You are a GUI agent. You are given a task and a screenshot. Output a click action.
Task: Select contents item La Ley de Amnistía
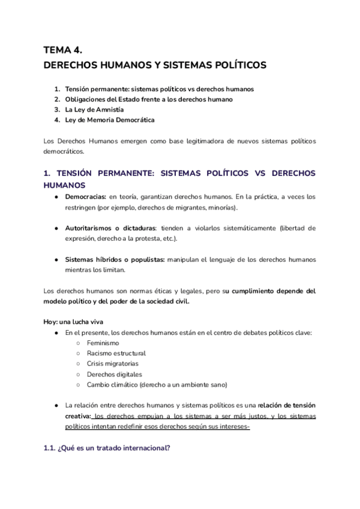[94, 109]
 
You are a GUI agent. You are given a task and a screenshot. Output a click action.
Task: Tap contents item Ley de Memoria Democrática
[109, 119]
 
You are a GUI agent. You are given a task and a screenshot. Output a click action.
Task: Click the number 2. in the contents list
[57, 99]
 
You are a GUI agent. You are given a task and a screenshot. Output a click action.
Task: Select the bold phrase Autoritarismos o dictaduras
[110, 228]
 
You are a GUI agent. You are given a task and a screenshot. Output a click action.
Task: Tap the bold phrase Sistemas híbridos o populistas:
[114, 259]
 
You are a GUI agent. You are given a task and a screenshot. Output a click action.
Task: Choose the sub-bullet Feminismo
[103, 343]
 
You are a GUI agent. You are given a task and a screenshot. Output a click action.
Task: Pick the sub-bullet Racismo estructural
[116, 354]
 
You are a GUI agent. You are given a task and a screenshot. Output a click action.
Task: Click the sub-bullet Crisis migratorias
[112, 364]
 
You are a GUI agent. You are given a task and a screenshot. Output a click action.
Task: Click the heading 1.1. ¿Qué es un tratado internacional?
[107, 447]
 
